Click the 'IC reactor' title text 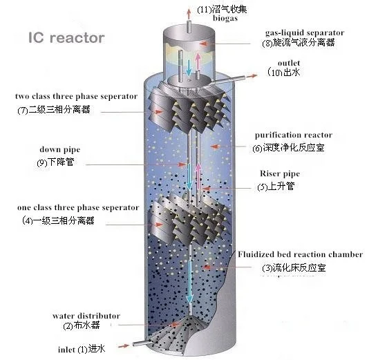65,37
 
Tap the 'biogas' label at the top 211,20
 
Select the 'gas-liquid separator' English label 304,32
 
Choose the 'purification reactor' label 293,135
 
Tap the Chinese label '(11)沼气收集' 223,9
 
